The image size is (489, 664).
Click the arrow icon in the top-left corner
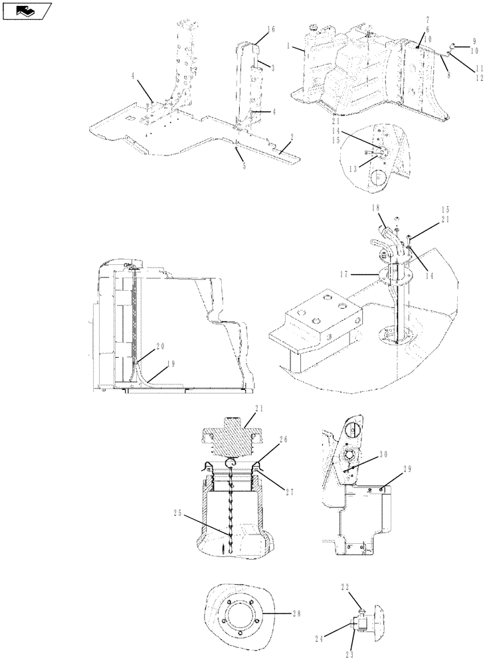[x=26, y=10]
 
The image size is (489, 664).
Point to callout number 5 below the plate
[x=244, y=165]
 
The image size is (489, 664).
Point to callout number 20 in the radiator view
[x=159, y=346]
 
